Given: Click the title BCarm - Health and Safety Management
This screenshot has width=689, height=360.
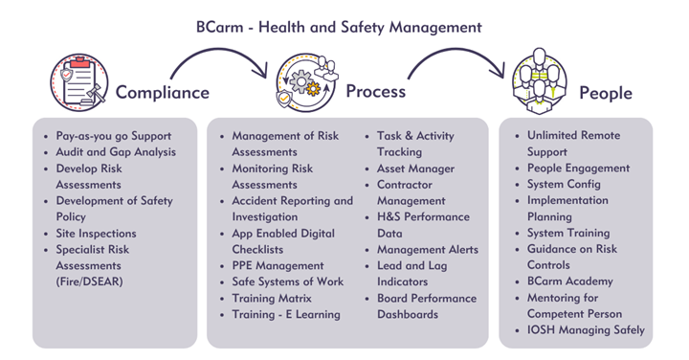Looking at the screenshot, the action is [x=339, y=27].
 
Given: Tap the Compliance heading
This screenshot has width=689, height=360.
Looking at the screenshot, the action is [x=162, y=93].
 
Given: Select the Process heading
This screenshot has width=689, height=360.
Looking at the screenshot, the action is [x=376, y=91].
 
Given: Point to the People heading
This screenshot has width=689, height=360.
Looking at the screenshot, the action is [x=606, y=93].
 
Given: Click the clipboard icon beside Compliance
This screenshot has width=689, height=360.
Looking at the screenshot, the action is [x=79, y=82].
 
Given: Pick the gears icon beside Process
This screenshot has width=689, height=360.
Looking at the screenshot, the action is [x=306, y=82].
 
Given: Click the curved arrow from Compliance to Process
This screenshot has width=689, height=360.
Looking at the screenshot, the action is [x=217, y=51].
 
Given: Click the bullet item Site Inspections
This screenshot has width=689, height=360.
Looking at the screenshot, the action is [x=96, y=233].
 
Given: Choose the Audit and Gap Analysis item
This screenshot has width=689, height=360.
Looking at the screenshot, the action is [x=116, y=152].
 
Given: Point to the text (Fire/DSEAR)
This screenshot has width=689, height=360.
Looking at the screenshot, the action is [x=89, y=281].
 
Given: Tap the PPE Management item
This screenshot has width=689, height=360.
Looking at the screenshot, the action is [x=278, y=265].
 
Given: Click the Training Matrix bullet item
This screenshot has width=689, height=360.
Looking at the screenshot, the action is [x=272, y=298].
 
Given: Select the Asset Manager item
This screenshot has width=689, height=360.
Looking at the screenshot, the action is [x=415, y=169].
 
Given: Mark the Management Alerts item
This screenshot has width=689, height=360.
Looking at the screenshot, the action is [x=428, y=249].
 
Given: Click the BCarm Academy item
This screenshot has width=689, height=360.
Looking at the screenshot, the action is [x=570, y=281].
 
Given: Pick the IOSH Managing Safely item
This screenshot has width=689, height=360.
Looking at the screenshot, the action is [x=586, y=330].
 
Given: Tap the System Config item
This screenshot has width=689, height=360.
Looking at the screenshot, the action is [x=564, y=184].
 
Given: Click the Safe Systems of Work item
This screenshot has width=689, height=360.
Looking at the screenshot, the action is [x=287, y=281].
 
